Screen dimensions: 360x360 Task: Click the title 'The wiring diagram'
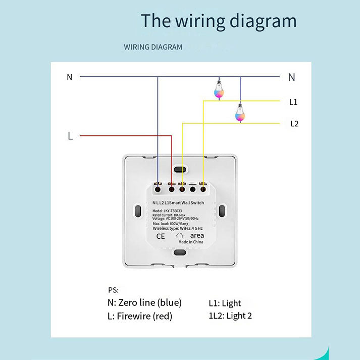pyautogui.click(x=218, y=21)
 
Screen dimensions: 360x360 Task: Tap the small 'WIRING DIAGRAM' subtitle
pyautogui.click(x=153, y=47)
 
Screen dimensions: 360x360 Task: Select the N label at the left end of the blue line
pyautogui.click(x=69, y=77)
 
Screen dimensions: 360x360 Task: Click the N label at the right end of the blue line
pyautogui.click(x=291, y=77)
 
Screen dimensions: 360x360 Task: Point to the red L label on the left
pyautogui.click(x=70, y=136)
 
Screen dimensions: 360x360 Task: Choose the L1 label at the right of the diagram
pyautogui.click(x=293, y=102)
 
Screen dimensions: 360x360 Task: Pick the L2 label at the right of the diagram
pyautogui.click(x=294, y=123)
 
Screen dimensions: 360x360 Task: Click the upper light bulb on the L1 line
pyautogui.click(x=219, y=89)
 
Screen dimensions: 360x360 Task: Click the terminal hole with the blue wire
pyautogui.click(x=158, y=189)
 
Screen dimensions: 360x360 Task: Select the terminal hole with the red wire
pyautogui.click(x=172, y=189)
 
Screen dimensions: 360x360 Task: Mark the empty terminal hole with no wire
pyautogui.click(x=192, y=189)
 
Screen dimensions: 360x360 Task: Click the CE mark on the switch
pyautogui.click(x=161, y=236)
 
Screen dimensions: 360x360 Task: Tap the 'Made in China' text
pyautogui.click(x=191, y=242)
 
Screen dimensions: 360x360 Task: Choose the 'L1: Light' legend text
pyautogui.click(x=225, y=303)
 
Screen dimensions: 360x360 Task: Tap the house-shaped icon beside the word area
pyautogui.click(x=180, y=235)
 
